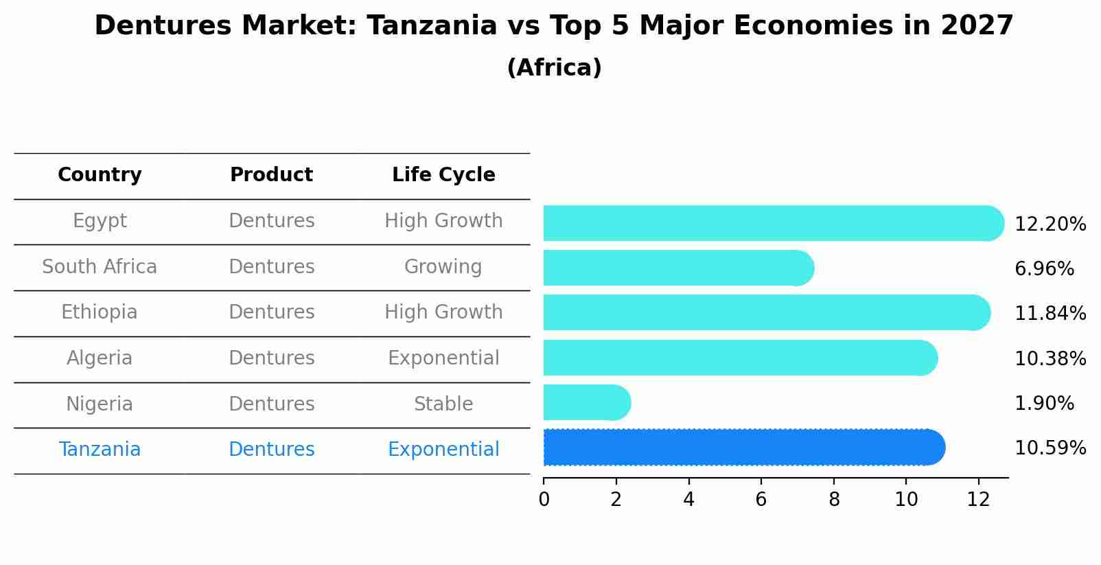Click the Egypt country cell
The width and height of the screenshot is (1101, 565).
click(100, 221)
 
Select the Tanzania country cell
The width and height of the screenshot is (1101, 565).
click(100, 450)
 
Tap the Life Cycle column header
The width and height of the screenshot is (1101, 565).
click(443, 175)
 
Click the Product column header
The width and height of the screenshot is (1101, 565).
click(271, 175)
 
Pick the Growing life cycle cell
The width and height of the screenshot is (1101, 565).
click(443, 267)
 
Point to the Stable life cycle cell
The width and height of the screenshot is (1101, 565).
click(443, 404)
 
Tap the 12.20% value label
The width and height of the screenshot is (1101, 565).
click(1050, 224)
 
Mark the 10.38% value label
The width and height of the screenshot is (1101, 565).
click(1050, 359)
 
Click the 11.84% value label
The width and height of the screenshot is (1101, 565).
click(1050, 314)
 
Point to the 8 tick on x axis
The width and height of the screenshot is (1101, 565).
click(834, 500)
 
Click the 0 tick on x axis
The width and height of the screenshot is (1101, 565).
click(544, 500)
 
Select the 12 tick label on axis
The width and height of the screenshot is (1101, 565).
click(978, 500)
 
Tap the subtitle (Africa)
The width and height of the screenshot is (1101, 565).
click(554, 68)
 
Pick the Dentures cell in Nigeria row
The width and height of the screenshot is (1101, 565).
click(271, 404)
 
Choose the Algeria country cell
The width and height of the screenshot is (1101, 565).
click(100, 358)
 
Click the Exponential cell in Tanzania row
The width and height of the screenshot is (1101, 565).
click(443, 450)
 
